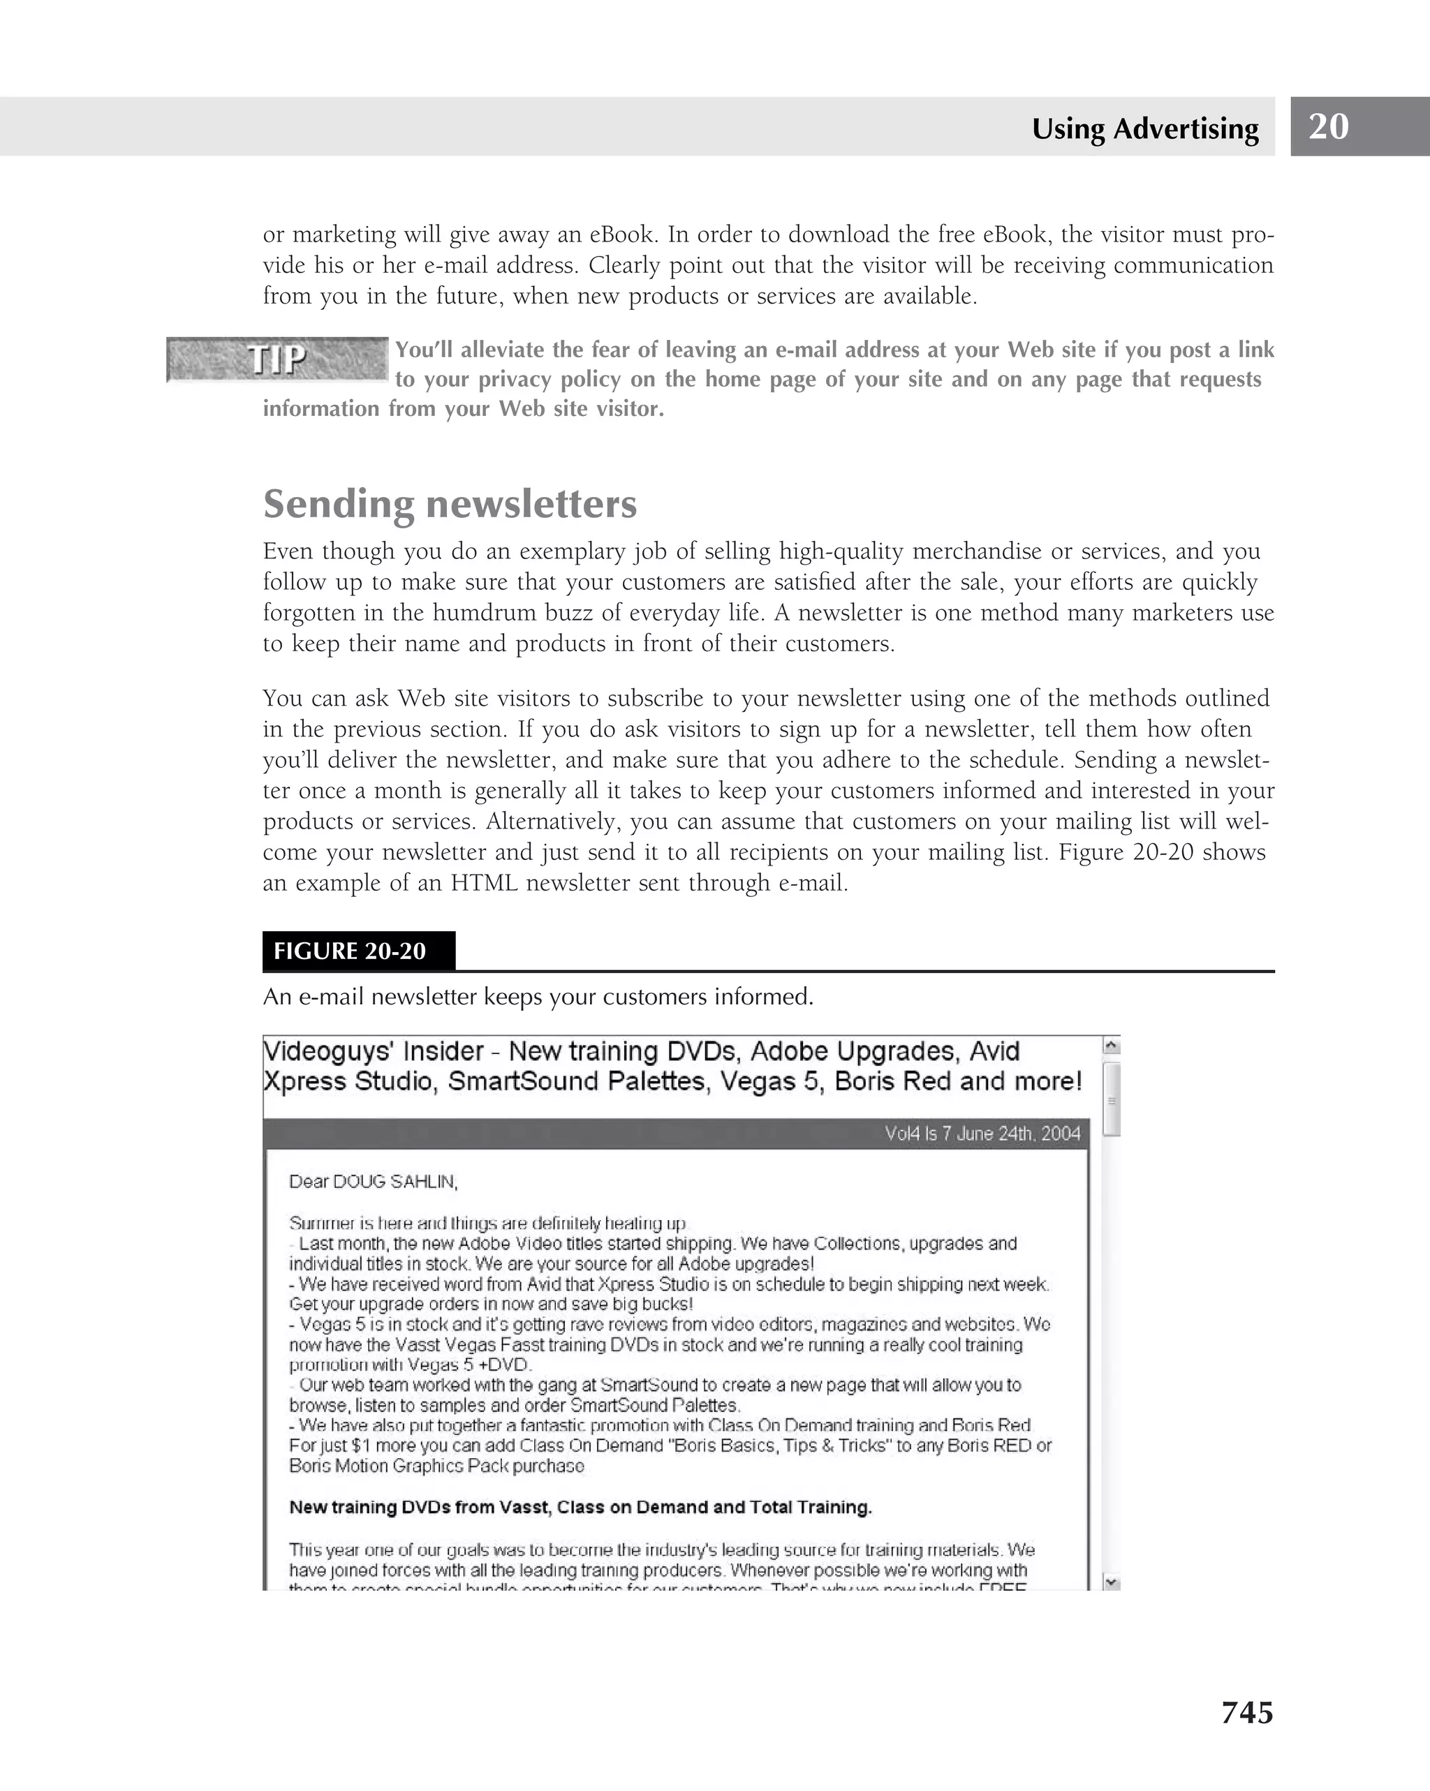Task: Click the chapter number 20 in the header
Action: tap(1328, 126)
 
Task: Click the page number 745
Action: tap(1246, 1712)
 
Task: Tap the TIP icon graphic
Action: tap(277, 359)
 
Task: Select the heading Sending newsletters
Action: tap(450, 503)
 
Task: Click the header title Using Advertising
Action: tap(1144, 128)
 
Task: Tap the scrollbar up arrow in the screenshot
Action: tap(1112, 1046)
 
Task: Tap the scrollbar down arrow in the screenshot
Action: tap(1112, 1582)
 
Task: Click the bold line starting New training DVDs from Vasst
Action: tap(580, 1507)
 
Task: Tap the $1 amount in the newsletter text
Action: tap(359, 1446)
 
